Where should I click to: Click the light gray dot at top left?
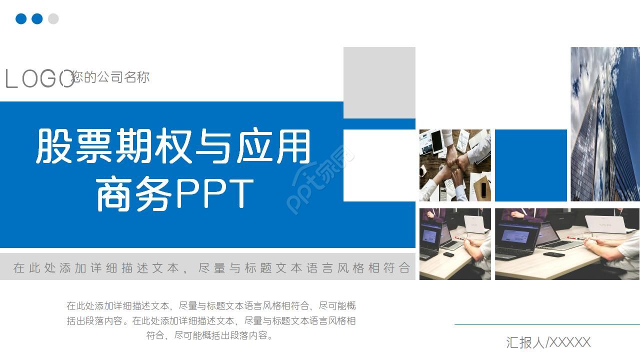(x=53, y=19)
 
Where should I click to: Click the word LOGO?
(x=39, y=79)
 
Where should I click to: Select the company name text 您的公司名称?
(x=110, y=77)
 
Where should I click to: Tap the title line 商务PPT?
(x=174, y=193)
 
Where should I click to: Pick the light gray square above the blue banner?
(x=379, y=82)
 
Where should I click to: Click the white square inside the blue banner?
(x=379, y=165)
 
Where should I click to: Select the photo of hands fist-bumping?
(x=455, y=165)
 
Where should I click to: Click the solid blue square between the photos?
(x=530, y=165)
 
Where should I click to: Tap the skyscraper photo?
(x=605, y=124)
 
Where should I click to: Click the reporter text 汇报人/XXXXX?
(x=548, y=342)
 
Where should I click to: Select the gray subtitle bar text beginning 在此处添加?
(x=211, y=268)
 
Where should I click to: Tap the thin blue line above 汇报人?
(x=547, y=324)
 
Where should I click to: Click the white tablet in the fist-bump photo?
(x=436, y=141)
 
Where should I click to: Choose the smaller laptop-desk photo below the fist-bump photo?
(x=455, y=243)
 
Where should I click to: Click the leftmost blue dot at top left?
(x=21, y=19)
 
